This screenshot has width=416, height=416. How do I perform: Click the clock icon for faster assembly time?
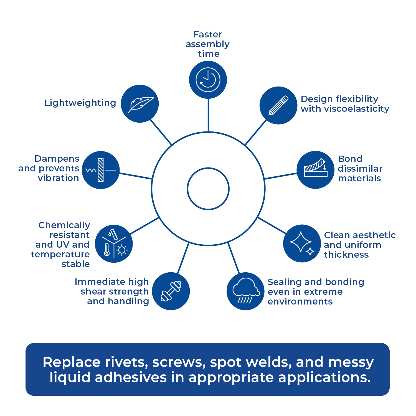208,80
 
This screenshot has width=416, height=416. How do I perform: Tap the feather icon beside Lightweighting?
140,104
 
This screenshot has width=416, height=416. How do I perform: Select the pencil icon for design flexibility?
278,105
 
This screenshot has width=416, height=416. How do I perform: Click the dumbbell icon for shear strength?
171,291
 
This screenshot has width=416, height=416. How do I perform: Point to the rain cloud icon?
245,291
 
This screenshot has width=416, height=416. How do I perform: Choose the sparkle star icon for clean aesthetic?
302,243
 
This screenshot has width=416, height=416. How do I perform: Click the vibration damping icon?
101,170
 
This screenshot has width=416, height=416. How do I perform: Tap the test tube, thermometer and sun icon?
114,244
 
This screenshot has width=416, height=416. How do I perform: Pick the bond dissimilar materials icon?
315,170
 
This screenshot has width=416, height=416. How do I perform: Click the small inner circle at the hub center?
208,189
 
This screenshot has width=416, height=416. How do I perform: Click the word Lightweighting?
80,103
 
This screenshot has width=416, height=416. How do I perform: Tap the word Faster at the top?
207,34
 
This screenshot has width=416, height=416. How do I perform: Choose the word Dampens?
57,159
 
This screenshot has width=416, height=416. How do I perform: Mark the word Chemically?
64,225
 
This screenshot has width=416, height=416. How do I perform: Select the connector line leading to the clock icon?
208,115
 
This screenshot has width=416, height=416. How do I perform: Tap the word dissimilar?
360,169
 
